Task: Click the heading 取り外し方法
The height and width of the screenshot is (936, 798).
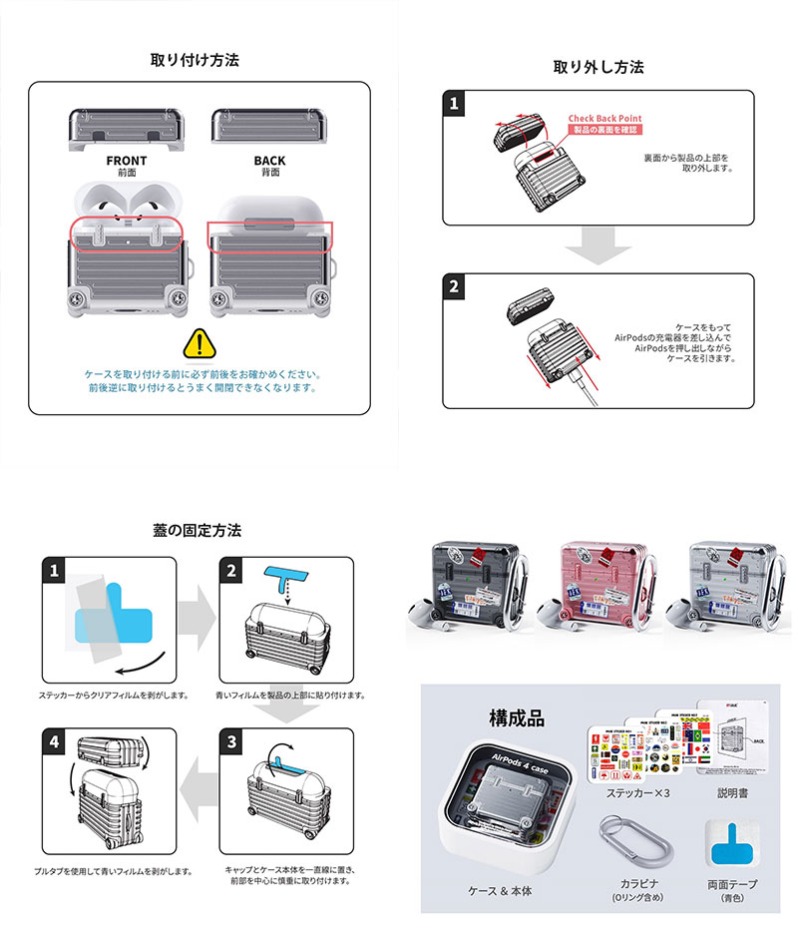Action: click(x=598, y=67)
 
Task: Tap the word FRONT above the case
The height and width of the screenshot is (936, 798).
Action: click(x=126, y=161)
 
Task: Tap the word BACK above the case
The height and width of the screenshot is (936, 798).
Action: click(x=269, y=161)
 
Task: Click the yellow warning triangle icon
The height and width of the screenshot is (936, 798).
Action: click(x=199, y=344)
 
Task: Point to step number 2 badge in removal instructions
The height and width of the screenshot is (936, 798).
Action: click(x=455, y=287)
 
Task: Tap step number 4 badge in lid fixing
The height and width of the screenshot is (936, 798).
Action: click(x=52, y=742)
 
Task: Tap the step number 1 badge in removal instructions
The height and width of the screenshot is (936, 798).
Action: click(x=455, y=103)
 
